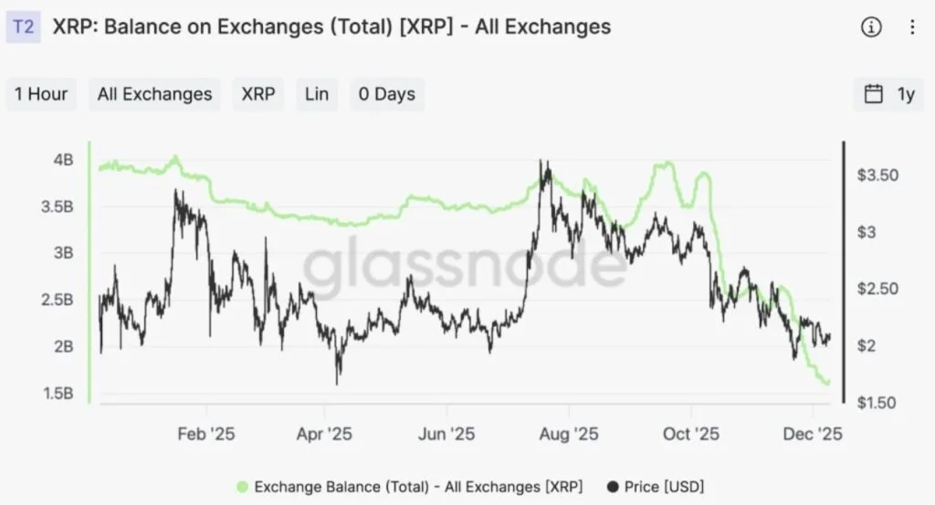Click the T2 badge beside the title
(25, 26)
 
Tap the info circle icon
(871, 27)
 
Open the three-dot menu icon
(912, 27)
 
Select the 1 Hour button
(41, 94)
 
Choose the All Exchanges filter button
(154, 94)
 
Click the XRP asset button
(258, 94)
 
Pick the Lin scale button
(317, 94)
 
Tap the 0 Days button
(386, 94)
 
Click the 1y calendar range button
(889, 94)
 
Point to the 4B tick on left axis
(64, 159)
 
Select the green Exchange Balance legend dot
(242, 486)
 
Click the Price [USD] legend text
(664, 486)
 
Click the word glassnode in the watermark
(466, 265)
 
